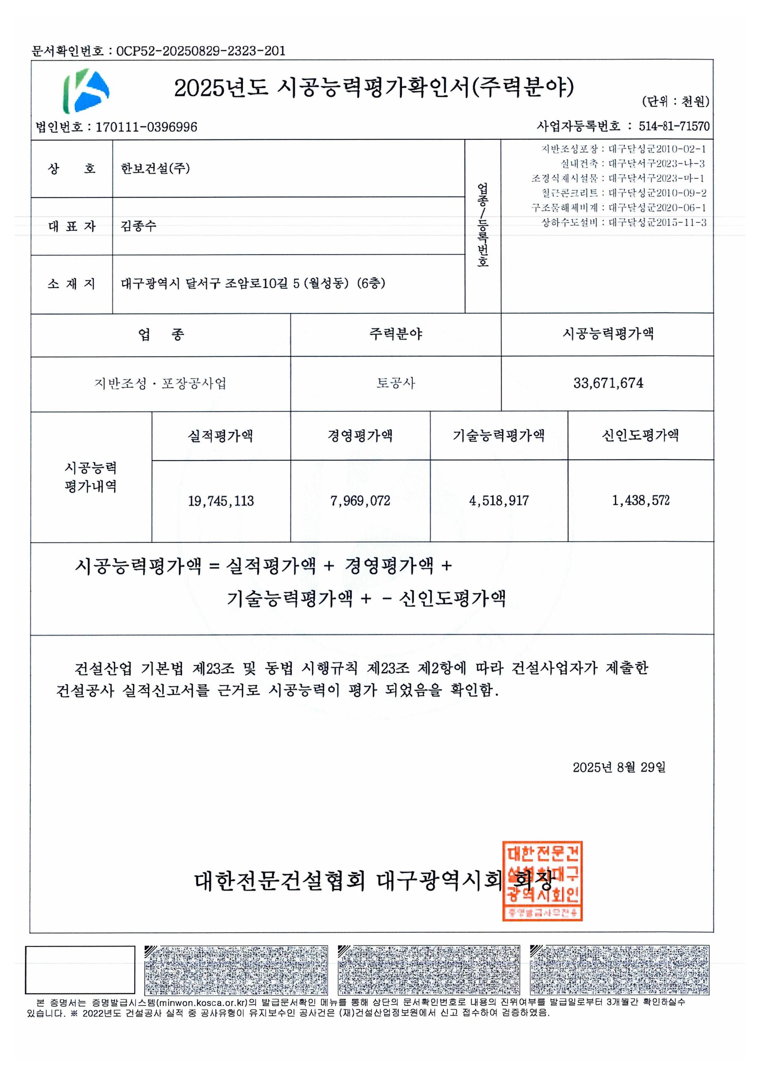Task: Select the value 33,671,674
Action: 608,383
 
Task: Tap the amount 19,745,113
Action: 220,501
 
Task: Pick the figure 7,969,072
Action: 360,501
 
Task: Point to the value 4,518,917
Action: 499,501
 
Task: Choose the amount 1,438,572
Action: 640,501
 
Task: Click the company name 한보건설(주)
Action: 155,168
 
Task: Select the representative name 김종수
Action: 138,226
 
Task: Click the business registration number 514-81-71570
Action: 674,126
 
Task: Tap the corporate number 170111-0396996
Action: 146,127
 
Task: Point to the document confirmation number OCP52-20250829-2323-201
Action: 200,51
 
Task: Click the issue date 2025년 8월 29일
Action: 619,767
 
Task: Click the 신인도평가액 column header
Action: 640,435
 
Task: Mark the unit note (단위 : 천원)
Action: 675,102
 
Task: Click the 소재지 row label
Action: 71,284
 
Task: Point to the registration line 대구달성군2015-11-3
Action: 657,222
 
